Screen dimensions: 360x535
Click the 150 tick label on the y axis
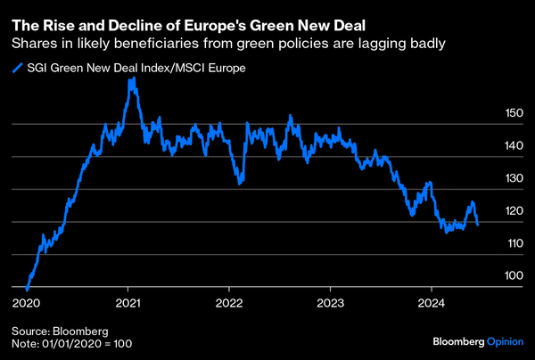(x=514, y=114)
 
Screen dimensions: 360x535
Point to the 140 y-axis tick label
(x=514, y=146)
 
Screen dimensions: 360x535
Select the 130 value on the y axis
(x=514, y=179)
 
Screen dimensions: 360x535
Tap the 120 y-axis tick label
(x=514, y=211)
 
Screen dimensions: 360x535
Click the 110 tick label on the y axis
(x=514, y=243)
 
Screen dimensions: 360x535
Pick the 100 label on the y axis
(x=514, y=276)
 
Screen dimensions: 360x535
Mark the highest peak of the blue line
(x=133, y=78)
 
